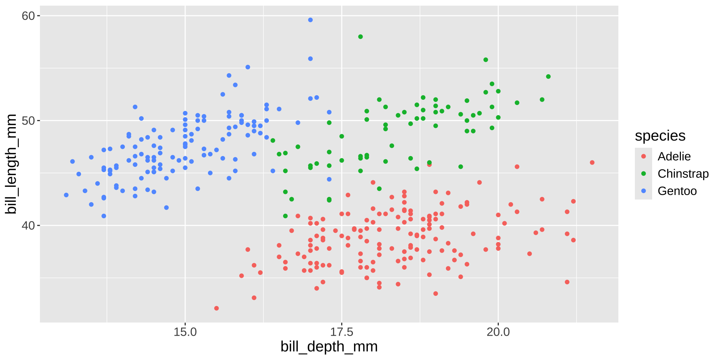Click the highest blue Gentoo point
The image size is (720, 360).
point(310,20)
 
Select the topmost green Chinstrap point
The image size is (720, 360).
point(360,37)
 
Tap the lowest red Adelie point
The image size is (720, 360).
point(216,308)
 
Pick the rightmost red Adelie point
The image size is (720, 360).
point(592,162)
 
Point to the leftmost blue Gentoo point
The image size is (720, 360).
point(66,195)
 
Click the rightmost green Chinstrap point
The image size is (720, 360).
point(548,76)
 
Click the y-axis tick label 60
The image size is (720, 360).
point(28,16)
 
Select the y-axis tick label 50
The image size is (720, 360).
point(28,121)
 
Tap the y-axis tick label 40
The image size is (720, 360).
point(28,225)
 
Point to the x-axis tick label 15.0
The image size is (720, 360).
point(185,332)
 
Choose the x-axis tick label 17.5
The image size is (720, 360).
point(342,332)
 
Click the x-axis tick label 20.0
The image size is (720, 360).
point(498,332)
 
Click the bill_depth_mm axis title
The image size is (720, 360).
point(329,346)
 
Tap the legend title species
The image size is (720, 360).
point(660,136)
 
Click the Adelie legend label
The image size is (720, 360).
point(674,156)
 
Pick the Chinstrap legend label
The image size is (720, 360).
point(683,174)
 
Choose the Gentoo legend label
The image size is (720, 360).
point(677,191)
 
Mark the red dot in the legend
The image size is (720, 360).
point(643,156)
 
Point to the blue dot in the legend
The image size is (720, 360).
point(643,191)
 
